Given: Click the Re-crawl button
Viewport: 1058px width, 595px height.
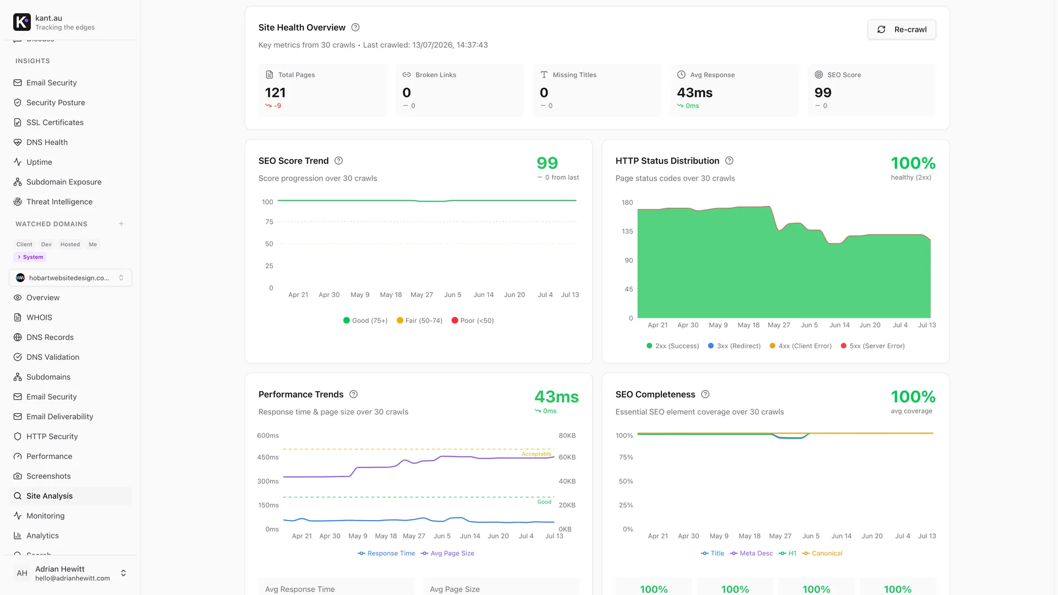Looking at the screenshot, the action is (x=902, y=30).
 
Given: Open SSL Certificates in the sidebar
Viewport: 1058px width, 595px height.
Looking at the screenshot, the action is (x=55, y=122).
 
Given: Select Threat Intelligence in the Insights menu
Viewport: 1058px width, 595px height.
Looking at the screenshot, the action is (x=59, y=202).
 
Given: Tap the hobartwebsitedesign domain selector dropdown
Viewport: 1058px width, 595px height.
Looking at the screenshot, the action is (x=71, y=278).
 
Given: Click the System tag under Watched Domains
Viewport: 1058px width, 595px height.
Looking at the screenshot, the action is (x=30, y=257).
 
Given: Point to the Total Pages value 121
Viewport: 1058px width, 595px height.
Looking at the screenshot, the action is (x=276, y=93).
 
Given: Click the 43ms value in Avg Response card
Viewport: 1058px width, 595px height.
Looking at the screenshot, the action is (x=695, y=93).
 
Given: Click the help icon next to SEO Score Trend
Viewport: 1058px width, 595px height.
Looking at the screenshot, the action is (x=339, y=161).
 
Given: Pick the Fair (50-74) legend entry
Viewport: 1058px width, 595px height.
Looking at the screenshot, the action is (x=419, y=321).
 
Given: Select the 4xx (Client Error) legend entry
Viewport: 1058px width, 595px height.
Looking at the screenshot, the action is (x=801, y=346).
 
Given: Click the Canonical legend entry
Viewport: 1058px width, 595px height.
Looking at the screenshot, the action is (x=822, y=553).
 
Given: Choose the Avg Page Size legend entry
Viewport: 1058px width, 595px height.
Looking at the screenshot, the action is (x=447, y=553).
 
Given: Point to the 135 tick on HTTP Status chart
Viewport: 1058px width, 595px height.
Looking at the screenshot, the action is (x=627, y=231).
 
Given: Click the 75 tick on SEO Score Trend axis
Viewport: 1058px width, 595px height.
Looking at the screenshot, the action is (x=269, y=222).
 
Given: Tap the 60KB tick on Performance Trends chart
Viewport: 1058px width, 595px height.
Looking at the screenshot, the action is (x=567, y=457).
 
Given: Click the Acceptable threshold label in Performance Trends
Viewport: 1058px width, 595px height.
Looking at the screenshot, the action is (x=536, y=454).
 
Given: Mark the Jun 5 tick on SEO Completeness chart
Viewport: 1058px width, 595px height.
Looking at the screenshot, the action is (x=811, y=536).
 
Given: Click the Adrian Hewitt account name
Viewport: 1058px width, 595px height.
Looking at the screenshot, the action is (x=60, y=569).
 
